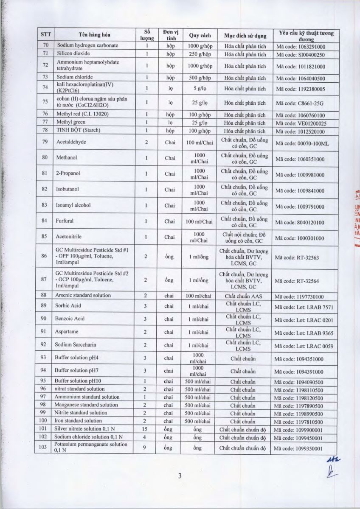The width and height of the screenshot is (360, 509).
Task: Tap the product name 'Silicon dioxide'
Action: point(73,54)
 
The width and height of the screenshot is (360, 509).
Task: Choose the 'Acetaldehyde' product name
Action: point(71,142)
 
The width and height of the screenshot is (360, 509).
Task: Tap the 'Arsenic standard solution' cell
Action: point(83,295)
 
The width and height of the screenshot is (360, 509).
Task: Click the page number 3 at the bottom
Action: point(180,475)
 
